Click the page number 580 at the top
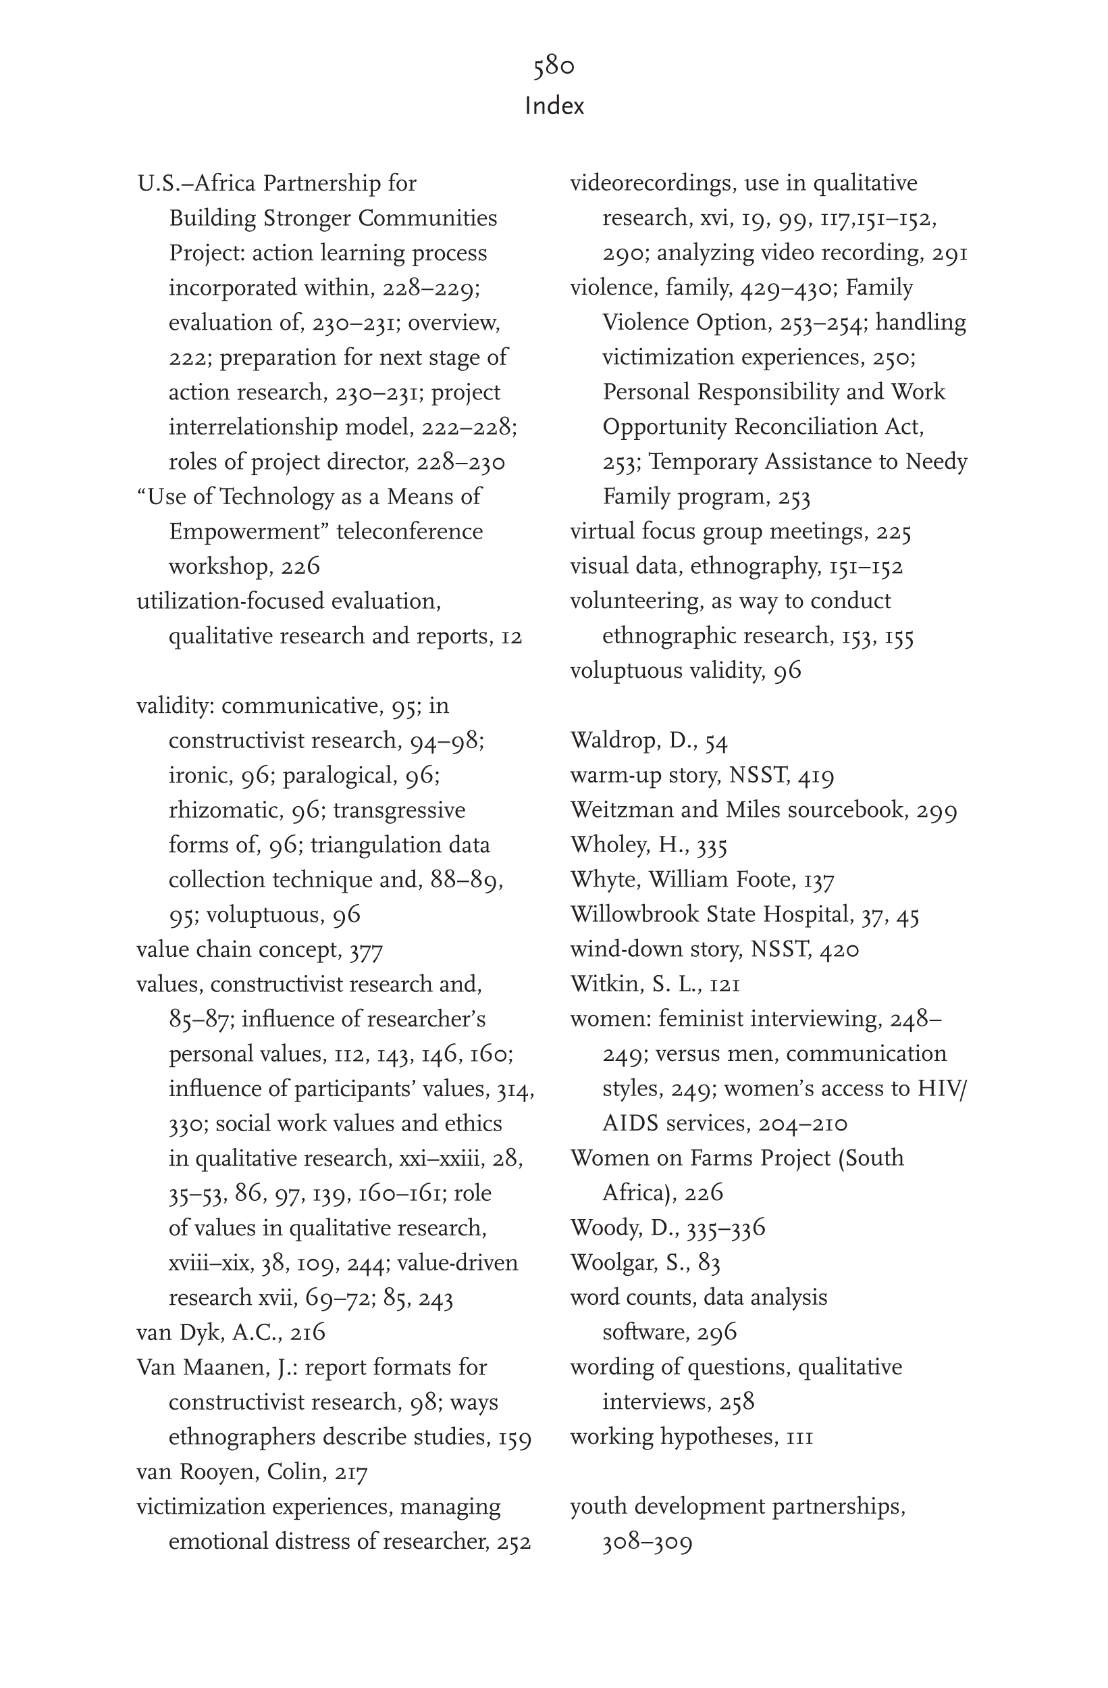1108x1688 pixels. [x=554, y=67]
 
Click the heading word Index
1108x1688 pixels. [x=554, y=106]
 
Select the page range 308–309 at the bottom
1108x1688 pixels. [x=647, y=1543]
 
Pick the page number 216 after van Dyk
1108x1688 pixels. [x=308, y=1333]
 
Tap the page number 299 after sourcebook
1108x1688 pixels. [x=936, y=810]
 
